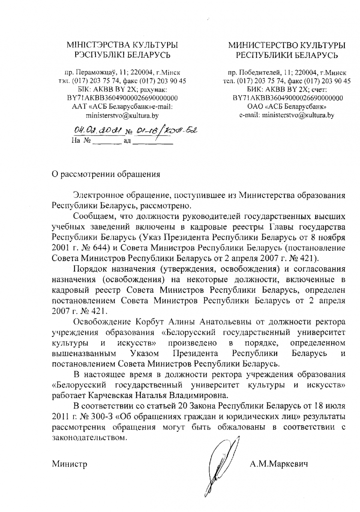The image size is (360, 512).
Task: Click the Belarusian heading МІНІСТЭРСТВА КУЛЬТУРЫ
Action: tap(123, 45)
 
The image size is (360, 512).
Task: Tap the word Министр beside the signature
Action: tap(70, 464)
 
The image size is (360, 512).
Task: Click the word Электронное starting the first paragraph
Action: tap(102, 195)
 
